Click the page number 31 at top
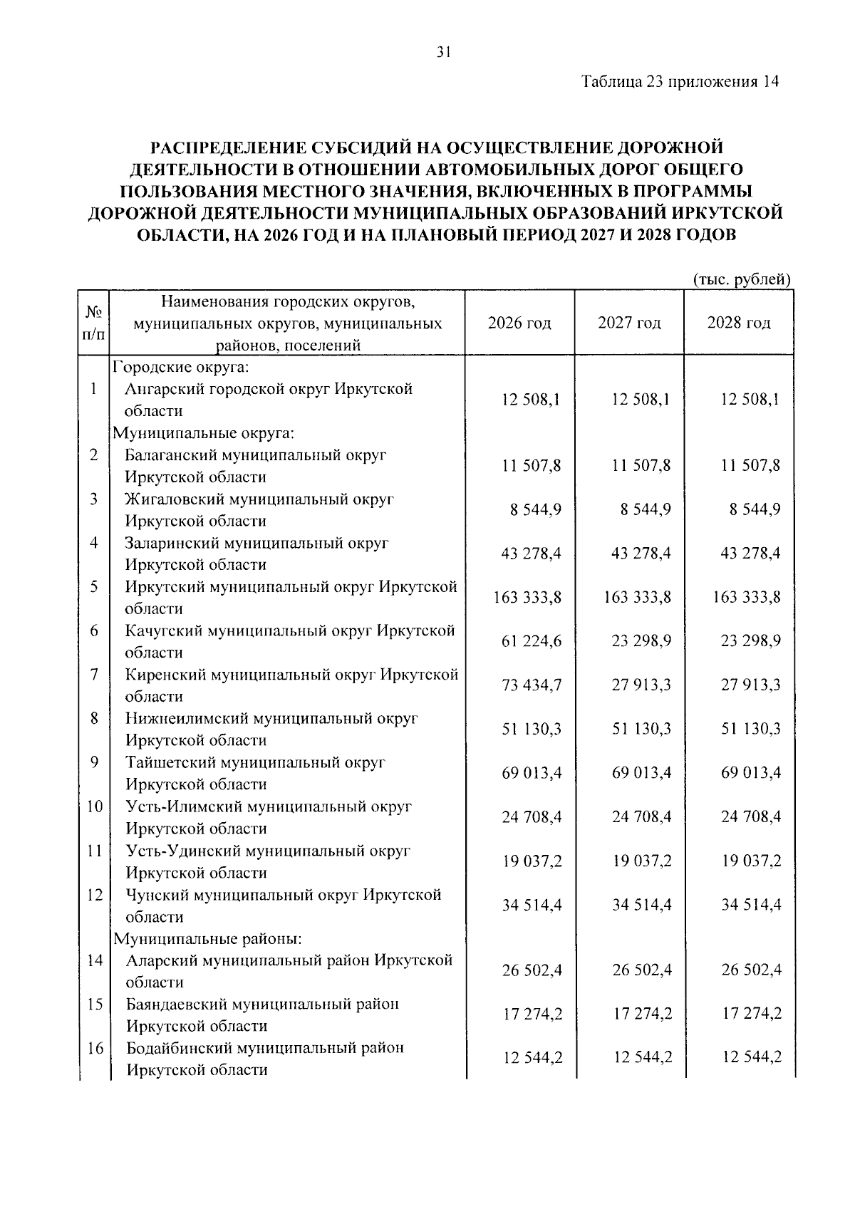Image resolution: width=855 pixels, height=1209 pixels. click(442, 51)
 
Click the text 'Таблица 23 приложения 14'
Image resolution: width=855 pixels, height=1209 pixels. click(680, 81)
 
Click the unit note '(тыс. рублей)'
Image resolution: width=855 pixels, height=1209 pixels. click(742, 279)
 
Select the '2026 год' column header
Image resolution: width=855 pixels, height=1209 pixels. click(519, 323)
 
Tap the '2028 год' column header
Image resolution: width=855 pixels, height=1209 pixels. click(739, 323)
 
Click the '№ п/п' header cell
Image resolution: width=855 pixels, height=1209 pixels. click(93, 323)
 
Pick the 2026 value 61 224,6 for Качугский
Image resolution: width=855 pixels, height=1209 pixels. click(532, 641)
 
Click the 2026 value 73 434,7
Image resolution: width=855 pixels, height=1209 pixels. click(532, 685)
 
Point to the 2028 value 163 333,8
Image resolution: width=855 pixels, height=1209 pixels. click(747, 597)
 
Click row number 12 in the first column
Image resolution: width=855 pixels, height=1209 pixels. click(94, 895)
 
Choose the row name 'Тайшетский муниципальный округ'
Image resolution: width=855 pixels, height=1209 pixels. click(256, 762)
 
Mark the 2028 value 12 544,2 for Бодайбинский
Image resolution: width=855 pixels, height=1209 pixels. click(751, 1058)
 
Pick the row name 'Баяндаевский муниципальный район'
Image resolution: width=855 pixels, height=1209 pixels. click(262, 1004)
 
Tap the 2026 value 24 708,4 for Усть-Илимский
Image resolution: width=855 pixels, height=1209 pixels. click(532, 816)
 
